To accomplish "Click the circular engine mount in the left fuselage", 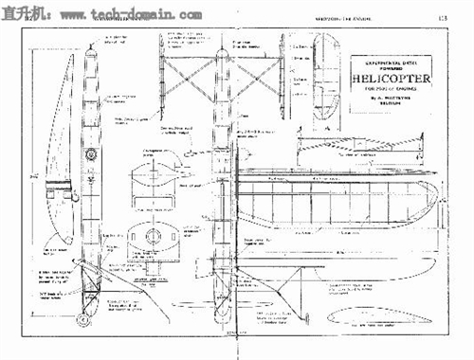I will click(x=90, y=153).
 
